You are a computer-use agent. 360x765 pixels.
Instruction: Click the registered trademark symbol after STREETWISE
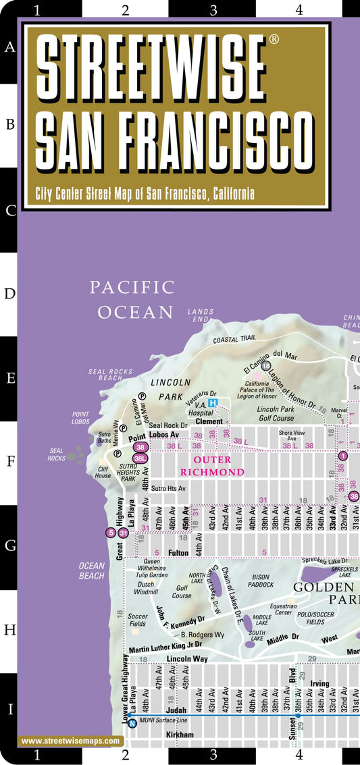(274, 39)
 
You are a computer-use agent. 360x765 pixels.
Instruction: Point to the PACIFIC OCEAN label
(133, 299)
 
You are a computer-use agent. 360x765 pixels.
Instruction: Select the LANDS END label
(201, 315)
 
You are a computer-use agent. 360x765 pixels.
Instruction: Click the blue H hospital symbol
(213, 403)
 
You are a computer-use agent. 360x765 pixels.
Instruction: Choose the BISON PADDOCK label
(260, 581)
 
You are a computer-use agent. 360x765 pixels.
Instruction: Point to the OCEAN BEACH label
(92, 571)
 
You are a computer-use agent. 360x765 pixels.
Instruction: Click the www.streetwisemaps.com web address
(72, 741)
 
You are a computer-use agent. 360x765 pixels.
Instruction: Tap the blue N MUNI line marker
(132, 724)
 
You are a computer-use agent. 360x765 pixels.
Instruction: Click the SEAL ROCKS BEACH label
(105, 375)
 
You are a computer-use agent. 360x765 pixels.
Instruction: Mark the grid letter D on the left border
(9, 294)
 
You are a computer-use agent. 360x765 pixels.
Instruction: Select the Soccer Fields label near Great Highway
(138, 619)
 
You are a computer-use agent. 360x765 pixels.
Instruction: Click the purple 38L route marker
(140, 458)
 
